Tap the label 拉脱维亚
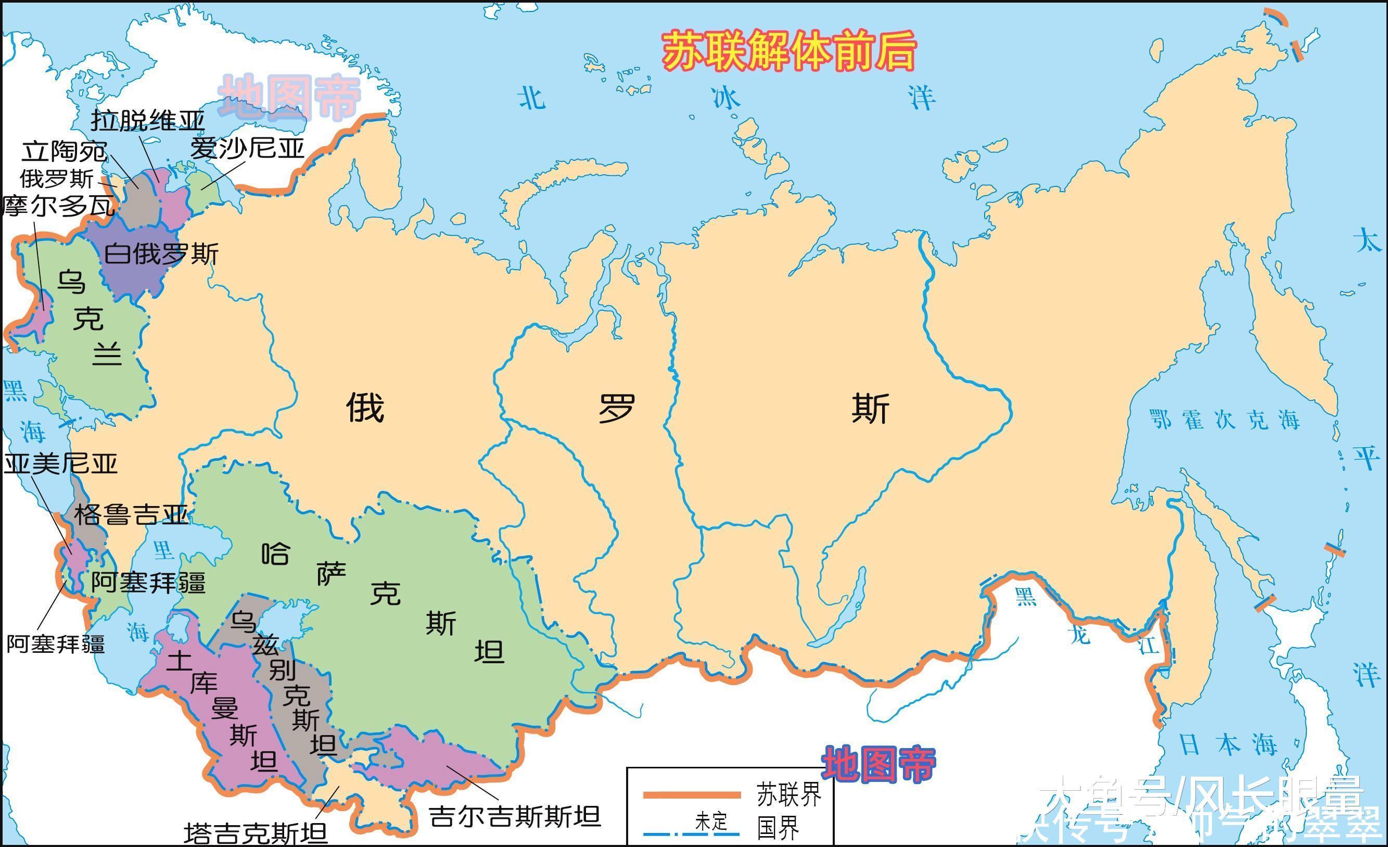pos(148,119)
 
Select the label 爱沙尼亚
pos(247,148)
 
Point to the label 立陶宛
pos(64,151)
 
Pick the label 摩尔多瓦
pos(59,206)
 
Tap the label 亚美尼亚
pos(61,464)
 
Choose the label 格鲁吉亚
pos(131,514)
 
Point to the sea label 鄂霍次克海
pos(1225,420)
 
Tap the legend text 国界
pos(778,828)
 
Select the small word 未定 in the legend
pos(711,821)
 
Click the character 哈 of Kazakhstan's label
pos(276,553)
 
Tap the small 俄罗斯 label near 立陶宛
pos(57,179)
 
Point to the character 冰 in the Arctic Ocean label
pos(725,98)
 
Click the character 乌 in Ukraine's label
pos(71,282)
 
